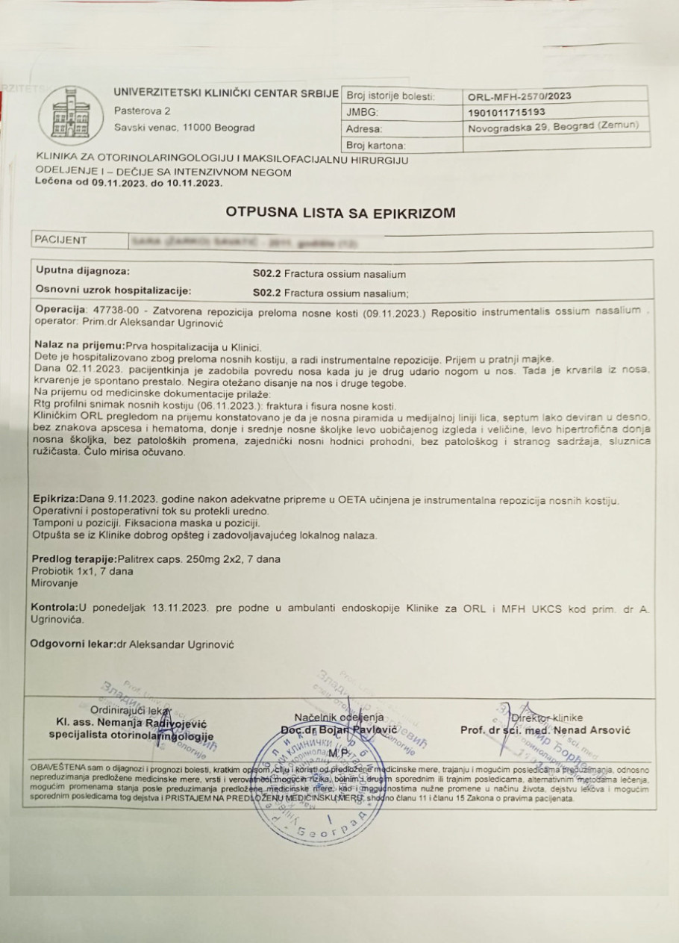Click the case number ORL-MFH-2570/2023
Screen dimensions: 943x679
click(x=519, y=96)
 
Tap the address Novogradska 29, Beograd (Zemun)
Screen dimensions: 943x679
click(x=553, y=128)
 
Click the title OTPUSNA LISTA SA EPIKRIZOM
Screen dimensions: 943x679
click(x=339, y=213)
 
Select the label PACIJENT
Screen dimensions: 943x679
click(x=61, y=240)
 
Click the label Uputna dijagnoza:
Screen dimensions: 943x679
click(x=83, y=271)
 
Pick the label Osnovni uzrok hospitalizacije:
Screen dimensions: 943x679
click(x=113, y=290)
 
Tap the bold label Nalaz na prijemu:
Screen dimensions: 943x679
click(x=82, y=346)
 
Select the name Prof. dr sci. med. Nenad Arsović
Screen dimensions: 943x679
click(x=534, y=729)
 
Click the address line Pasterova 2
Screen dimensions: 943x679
click(x=143, y=111)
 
